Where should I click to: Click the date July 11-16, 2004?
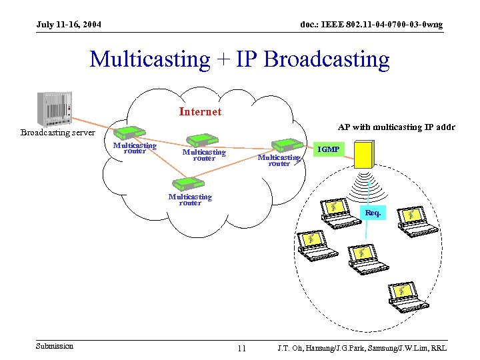coord(69,25)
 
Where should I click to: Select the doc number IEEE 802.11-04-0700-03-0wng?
coord(371,25)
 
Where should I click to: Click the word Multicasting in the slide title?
coord(149,59)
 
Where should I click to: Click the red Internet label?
coord(200,112)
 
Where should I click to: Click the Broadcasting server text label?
coord(57,133)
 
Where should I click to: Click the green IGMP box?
coord(328,149)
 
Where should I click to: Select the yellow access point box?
coord(365,155)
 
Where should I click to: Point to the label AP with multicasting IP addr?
coord(396,127)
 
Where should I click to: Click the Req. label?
coord(373,213)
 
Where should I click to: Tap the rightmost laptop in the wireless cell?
coord(417,219)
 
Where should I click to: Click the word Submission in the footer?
coord(55,346)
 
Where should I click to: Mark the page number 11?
coord(241,348)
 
